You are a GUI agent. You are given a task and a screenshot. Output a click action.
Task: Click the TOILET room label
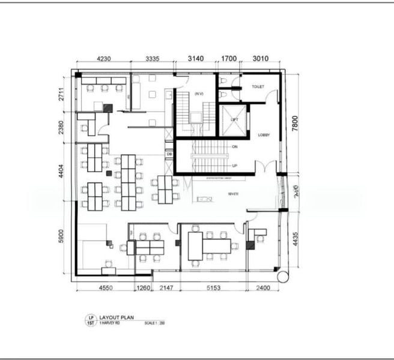point(258,87)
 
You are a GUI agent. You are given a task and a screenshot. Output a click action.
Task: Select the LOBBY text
point(264,135)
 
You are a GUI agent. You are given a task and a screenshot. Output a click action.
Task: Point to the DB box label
point(169,154)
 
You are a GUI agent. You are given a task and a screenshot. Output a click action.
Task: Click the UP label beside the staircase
point(235,165)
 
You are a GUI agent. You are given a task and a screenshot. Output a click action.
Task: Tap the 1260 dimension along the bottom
point(143,288)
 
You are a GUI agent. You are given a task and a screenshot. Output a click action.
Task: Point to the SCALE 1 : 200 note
point(154,323)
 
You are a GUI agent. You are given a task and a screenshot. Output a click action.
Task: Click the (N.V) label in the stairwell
point(199,94)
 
